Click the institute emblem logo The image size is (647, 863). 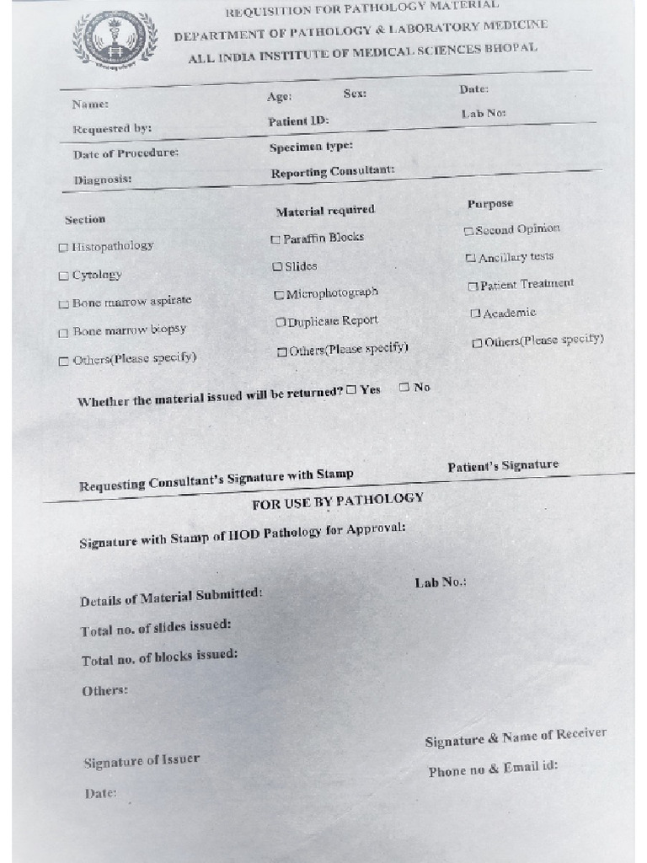[x=115, y=40]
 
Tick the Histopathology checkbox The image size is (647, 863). [x=63, y=248]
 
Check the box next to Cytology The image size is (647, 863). [x=63, y=276]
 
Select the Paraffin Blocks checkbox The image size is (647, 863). [x=275, y=239]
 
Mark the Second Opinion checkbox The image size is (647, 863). [x=468, y=231]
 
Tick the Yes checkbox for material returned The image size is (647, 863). [x=351, y=389]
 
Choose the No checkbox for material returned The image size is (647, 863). [x=404, y=387]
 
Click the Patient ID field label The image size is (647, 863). [x=298, y=121]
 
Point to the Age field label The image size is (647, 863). [x=280, y=96]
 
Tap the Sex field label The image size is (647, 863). [x=355, y=93]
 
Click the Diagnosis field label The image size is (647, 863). [x=102, y=180]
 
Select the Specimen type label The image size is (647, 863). [x=311, y=147]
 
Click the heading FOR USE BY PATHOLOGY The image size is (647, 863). [x=338, y=501]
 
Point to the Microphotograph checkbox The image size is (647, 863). [x=279, y=295]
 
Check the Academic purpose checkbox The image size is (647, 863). [x=475, y=314]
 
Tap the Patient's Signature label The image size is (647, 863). [x=503, y=465]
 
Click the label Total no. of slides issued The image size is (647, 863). [x=156, y=628]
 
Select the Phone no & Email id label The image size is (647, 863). [x=493, y=769]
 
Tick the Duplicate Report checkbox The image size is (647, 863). [x=281, y=323]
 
